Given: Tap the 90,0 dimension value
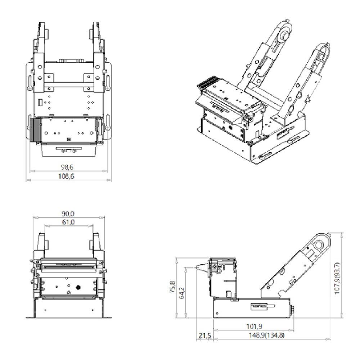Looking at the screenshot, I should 68,213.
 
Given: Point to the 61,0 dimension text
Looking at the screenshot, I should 68,222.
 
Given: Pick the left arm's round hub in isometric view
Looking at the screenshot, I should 284,35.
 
